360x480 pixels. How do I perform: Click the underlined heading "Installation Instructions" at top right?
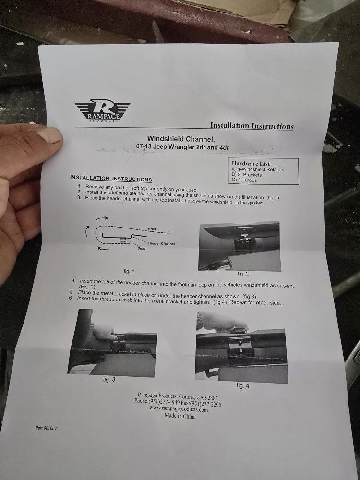coord(252,126)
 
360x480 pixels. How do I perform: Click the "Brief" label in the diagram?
coord(152,229)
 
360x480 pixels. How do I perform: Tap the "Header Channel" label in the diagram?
coord(161,243)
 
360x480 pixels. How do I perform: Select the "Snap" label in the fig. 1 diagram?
coord(142,249)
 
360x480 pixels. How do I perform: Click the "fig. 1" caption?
coord(130,271)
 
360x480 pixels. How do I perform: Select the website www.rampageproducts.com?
coord(179,409)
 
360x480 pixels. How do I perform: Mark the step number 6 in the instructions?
coord(71,298)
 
